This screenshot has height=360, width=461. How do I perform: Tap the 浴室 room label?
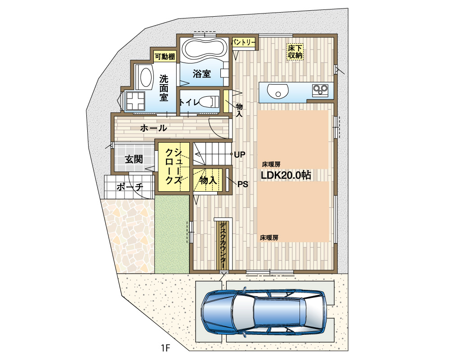coord(201,73)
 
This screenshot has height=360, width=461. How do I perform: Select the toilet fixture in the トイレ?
coord(209,102)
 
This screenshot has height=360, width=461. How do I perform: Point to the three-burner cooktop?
coord(320,90)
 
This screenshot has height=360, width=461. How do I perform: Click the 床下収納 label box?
coord(295,51)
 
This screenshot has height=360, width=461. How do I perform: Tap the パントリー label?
coord(243,43)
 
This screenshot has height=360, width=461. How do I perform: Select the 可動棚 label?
coord(165,56)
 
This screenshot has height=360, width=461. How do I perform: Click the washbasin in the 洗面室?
coord(146,78)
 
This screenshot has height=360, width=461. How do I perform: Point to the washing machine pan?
coord(135,101)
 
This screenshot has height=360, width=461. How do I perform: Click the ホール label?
coord(153,128)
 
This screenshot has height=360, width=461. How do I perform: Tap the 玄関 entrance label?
coord(134,159)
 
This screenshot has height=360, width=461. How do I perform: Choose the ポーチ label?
coord(130,187)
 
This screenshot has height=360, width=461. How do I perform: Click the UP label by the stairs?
coord(239,154)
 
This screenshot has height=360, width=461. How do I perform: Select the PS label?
coord(242,184)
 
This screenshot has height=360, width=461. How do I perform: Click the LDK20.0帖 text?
coord(286,175)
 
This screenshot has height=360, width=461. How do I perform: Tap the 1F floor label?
coord(166,348)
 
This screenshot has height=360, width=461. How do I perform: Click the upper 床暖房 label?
coord(271,164)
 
